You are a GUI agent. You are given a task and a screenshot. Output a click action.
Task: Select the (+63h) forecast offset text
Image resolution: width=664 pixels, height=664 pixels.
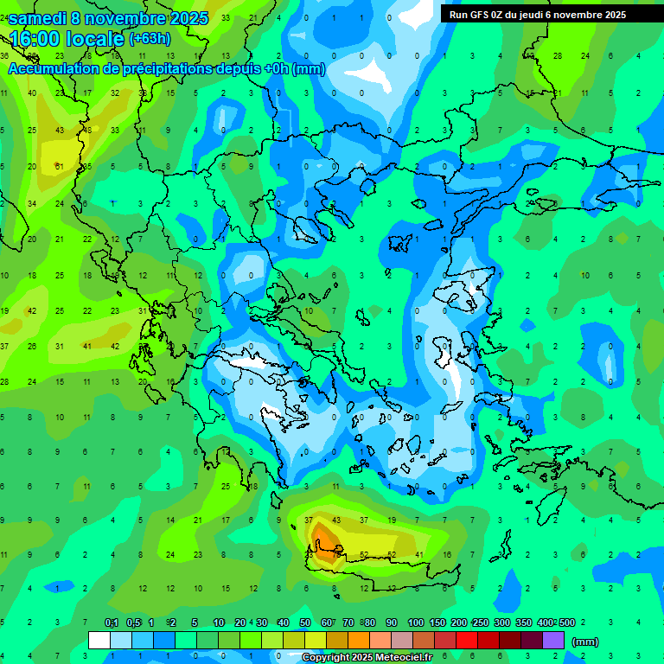point(150,39)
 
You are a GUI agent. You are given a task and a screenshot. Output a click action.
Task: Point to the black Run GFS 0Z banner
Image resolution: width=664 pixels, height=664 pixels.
point(538,14)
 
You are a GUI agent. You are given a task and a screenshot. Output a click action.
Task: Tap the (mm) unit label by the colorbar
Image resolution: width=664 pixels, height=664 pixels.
point(585,642)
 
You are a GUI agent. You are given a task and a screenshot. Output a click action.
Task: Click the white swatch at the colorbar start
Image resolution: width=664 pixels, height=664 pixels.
point(99,641)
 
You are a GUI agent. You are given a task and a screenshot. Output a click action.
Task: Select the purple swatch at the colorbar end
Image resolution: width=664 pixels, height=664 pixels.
point(553,641)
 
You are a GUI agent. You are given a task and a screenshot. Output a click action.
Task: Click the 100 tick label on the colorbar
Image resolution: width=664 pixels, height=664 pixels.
point(416,623)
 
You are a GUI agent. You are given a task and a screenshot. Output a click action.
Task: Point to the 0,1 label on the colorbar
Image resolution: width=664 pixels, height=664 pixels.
point(112,623)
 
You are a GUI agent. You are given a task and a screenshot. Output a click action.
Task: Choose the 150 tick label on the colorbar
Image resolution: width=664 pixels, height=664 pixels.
point(437,623)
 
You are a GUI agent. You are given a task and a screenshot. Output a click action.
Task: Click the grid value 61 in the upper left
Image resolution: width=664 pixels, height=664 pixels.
point(59,167)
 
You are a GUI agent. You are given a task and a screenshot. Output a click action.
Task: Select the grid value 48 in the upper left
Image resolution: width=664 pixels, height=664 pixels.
point(86,130)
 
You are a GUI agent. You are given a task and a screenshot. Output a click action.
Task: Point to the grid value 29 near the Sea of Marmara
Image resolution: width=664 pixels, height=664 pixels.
point(528,203)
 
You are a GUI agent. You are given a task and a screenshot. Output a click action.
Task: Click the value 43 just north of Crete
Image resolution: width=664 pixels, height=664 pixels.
point(336,520)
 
